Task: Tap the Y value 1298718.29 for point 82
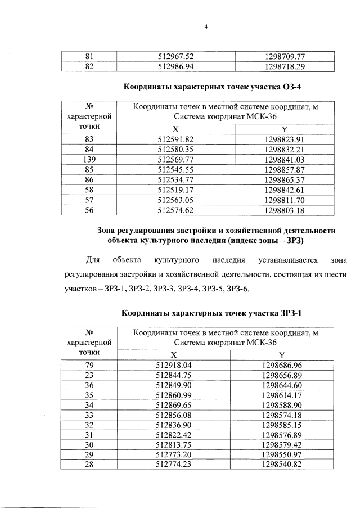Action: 284,66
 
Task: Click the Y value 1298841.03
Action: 284,159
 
